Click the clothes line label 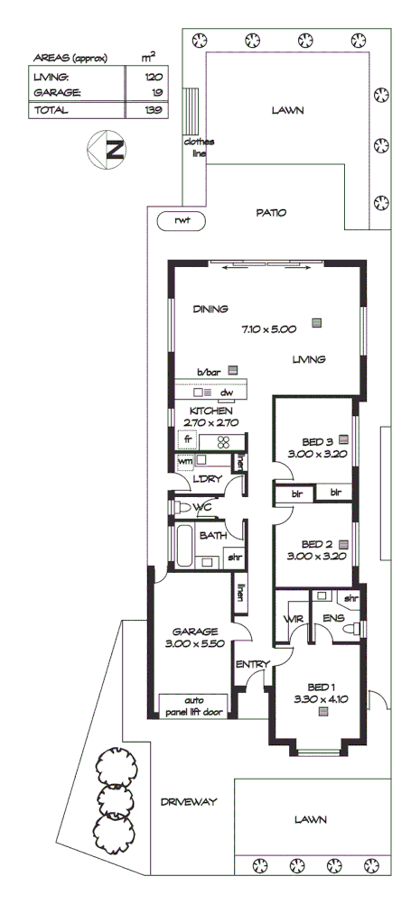click(x=195, y=148)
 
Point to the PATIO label click(x=270, y=213)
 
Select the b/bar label click(x=210, y=370)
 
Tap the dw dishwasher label click(x=228, y=392)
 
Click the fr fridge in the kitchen click(x=189, y=441)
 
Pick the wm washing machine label click(x=185, y=462)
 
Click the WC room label click(x=201, y=509)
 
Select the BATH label click(x=213, y=535)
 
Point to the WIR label click(x=292, y=620)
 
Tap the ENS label click(x=331, y=620)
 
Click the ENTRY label click(x=252, y=665)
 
